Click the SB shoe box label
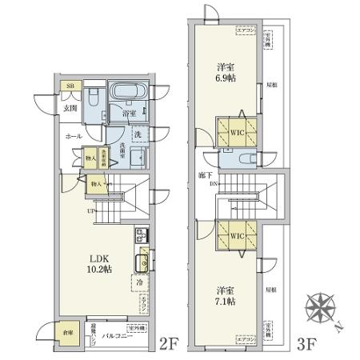(70, 85)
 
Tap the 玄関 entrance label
(70, 107)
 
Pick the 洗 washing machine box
(137, 134)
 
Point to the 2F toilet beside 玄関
(94, 99)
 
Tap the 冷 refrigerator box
(139, 282)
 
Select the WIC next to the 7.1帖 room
(236, 238)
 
